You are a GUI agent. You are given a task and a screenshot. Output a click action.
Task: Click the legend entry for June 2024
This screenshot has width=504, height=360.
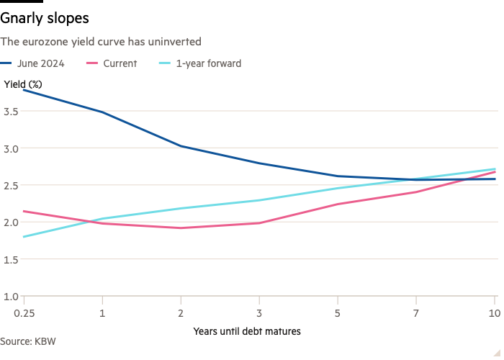(42, 63)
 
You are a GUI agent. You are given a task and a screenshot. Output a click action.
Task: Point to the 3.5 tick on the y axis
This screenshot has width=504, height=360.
(12, 111)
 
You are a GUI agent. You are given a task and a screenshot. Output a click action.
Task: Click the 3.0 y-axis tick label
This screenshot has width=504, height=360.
(12, 148)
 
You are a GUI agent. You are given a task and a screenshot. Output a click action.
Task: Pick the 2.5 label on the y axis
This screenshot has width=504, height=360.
(12, 185)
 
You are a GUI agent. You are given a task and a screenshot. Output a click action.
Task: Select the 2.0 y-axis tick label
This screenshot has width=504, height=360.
(12, 222)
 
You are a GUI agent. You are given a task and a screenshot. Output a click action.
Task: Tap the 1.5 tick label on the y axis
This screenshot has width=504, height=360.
(12, 259)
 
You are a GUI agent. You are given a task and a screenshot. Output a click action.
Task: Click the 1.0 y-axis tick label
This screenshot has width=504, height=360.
(12, 296)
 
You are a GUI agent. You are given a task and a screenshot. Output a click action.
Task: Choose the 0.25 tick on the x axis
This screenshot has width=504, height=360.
(24, 313)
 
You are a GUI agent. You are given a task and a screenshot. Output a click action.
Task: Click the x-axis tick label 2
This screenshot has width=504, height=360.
(181, 313)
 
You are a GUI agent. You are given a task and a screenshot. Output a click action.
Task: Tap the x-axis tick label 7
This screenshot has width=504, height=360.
(417, 313)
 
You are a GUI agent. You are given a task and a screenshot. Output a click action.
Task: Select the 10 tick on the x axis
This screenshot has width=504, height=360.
(494, 313)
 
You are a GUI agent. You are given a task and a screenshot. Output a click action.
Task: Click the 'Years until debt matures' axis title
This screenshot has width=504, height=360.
(246, 331)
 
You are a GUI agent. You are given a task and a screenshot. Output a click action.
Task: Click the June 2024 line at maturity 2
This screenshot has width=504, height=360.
(181, 145)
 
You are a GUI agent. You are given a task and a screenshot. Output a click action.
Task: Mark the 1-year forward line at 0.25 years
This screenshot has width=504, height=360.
(24, 237)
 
